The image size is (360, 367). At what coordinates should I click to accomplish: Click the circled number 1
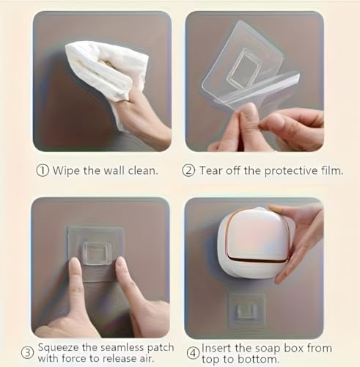[x=43, y=170]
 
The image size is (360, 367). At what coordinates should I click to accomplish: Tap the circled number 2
[x=188, y=170]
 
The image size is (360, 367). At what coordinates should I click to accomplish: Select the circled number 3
[x=27, y=352]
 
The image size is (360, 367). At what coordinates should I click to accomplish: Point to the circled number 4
[x=193, y=354]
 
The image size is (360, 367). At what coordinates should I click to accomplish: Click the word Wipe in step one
[x=66, y=170]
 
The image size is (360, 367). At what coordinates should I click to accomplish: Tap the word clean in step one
[x=143, y=170]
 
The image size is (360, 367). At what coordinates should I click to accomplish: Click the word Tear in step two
[x=210, y=170]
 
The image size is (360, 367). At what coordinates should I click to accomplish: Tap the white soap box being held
[x=255, y=244]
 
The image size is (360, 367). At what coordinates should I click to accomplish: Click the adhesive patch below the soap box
[x=246, y=310]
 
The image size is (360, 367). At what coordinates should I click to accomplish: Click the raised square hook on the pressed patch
[x=95, y=253]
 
